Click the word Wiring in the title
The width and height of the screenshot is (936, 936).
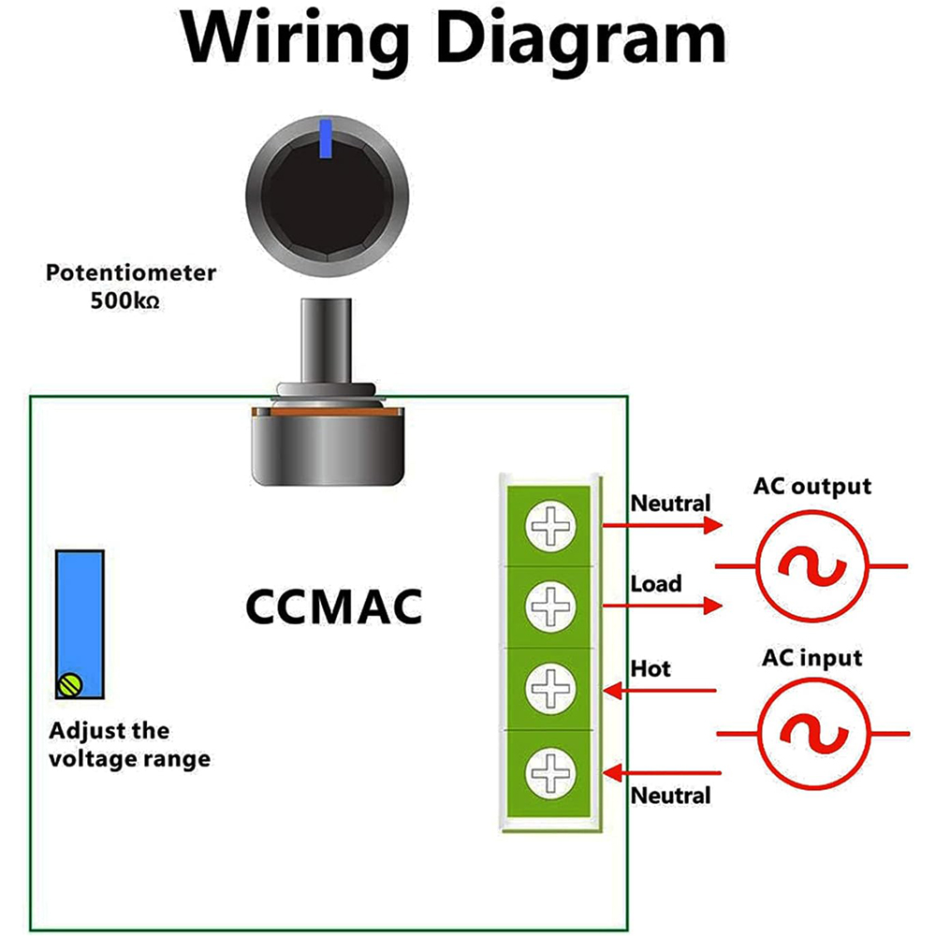tap(297, 39)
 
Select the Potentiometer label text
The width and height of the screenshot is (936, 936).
tap(131, 273)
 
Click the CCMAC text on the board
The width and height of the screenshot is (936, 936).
tap(333, 606)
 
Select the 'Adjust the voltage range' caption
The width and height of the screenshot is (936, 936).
tap(130, 744)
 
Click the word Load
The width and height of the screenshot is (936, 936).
tap(656, 584)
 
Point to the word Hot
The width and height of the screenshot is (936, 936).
tap(651, 668)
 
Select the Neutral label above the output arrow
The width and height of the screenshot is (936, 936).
tap(670, 503)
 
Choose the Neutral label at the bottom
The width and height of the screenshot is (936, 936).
tap(670, 796)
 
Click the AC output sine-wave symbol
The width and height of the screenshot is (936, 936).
tap(812, 566)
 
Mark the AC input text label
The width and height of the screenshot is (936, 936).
tap(812, 657)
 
